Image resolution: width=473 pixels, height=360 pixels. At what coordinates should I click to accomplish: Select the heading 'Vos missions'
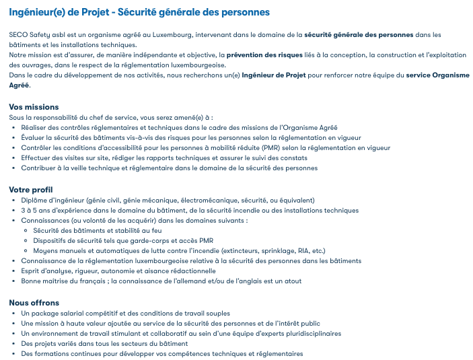(x=34, y=107)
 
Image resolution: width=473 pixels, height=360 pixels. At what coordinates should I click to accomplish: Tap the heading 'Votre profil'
(x=31, y=190)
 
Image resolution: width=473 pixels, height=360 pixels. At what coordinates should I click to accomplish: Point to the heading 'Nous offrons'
(x=34, y=303)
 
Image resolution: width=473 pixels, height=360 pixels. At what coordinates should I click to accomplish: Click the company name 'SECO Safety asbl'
(x=36, y=34)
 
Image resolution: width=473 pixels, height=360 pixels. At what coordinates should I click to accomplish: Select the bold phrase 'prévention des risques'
(x=263, y=55)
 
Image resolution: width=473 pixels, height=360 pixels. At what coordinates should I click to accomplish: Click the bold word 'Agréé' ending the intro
(x=20, y=85)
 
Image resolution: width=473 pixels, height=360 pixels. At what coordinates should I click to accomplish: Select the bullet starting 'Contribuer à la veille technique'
(x=169, y=168)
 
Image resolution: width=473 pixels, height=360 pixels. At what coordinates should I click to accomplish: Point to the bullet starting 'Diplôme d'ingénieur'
(x=168, y=200)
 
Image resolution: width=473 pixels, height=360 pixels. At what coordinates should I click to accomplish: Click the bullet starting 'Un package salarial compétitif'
(x=125, y=313)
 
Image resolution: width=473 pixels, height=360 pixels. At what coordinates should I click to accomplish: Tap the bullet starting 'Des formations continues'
(x=161, y=353)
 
